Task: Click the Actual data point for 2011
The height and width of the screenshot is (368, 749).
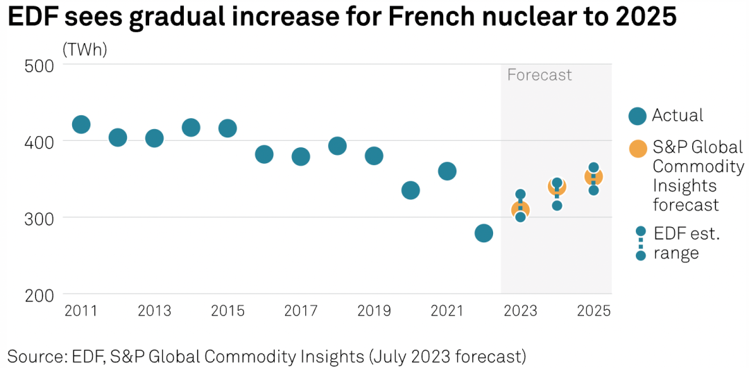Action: [81, 125]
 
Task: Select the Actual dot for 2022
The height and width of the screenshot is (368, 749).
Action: [483, 233]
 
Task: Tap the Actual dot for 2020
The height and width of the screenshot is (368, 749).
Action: [411, 190]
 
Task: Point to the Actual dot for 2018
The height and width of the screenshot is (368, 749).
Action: [337, 146]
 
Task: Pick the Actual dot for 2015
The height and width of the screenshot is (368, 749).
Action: [227, 128]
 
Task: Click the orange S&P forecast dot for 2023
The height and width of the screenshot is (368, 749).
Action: [520, 210]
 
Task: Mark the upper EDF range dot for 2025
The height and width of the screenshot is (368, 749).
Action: [594, 168]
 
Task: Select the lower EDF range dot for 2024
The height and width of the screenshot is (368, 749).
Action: [557, 206]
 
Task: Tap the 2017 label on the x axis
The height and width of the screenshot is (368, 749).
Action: [300, 311]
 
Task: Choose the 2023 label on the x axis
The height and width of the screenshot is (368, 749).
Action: [520, 311]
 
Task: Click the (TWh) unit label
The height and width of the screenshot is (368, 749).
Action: [85, 50]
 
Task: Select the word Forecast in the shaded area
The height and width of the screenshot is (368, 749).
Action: [540, 75]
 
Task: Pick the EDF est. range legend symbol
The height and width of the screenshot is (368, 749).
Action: [640, 243]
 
